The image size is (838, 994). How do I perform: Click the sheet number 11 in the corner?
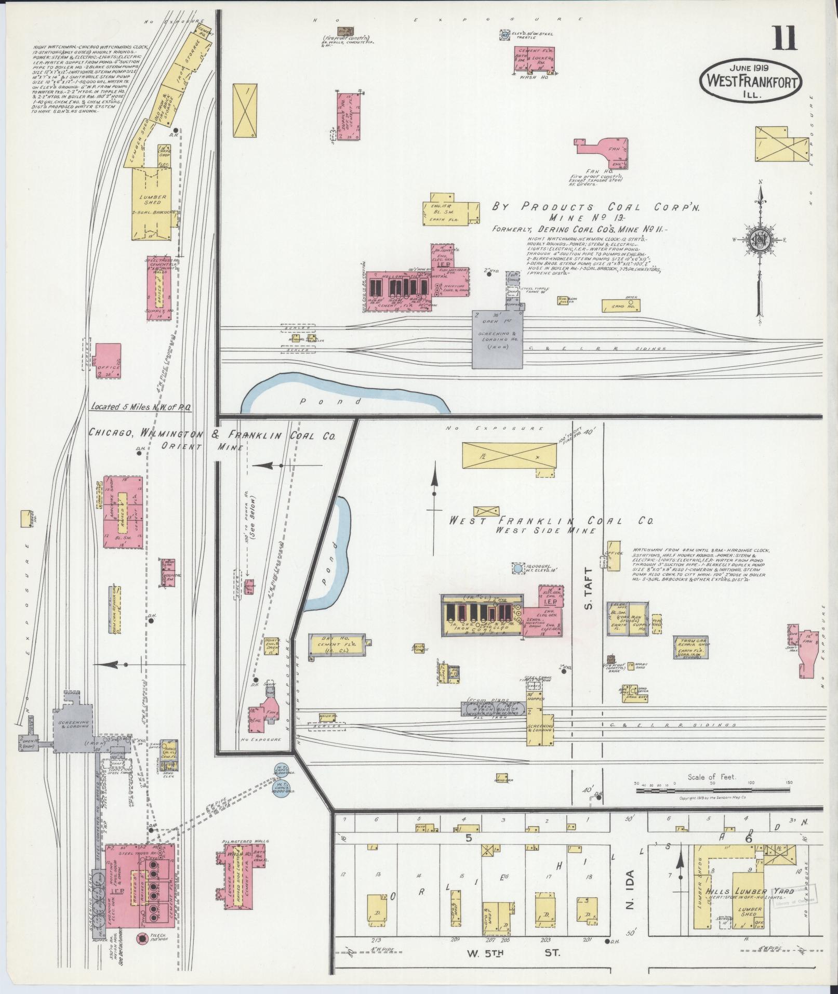point(784,38)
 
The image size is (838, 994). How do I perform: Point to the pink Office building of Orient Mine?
point(108,360)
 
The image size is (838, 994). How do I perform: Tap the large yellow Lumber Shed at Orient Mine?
point(153,203)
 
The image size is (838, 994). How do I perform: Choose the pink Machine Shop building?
point(124,512)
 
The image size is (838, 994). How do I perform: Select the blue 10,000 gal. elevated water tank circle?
point(517,569)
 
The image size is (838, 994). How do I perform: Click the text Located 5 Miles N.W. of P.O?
point(141,407)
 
